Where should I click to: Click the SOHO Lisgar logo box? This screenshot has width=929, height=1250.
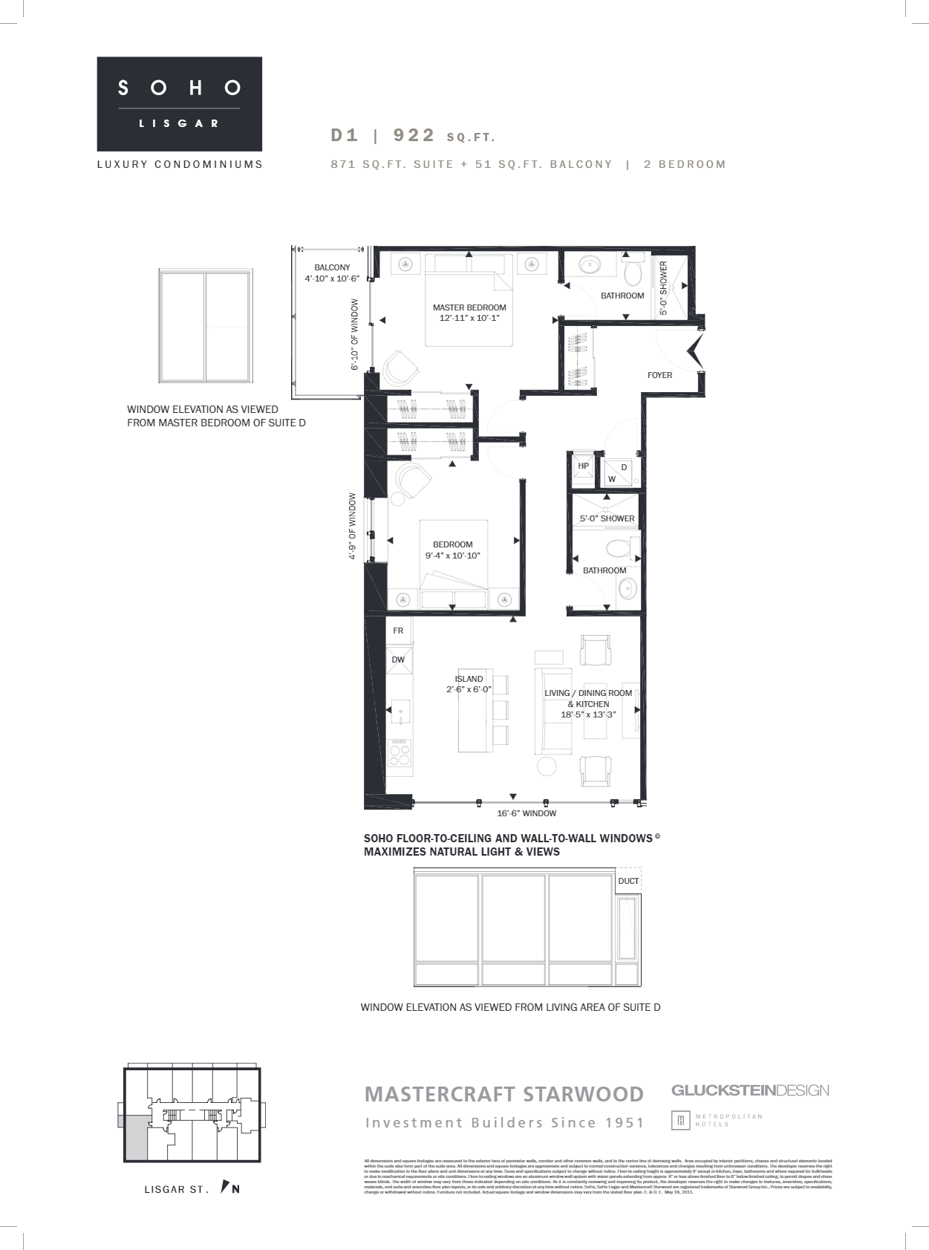coord(180,103)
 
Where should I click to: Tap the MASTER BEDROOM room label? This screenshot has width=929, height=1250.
coord(469,313)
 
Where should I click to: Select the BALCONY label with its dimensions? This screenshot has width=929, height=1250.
coord(332,273)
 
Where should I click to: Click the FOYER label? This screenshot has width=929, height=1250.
coord(659,375)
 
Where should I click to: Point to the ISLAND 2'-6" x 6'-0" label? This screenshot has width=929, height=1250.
coord(469,684)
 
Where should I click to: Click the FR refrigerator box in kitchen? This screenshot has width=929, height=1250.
coord(398,631)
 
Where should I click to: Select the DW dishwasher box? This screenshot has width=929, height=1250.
coord(398,660)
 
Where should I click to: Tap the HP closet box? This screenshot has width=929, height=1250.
coord(584,466)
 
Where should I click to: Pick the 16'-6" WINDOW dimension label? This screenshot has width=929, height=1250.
coord(527,813)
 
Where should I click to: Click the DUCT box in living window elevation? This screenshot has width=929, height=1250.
coord(628,881)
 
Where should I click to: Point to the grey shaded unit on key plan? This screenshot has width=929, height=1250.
coord(136,1137)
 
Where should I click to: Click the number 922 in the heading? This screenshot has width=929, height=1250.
coord(414,135)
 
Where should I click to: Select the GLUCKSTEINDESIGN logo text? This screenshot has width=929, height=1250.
coord(750,1090)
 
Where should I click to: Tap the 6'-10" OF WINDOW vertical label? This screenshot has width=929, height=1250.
coord(355,334)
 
